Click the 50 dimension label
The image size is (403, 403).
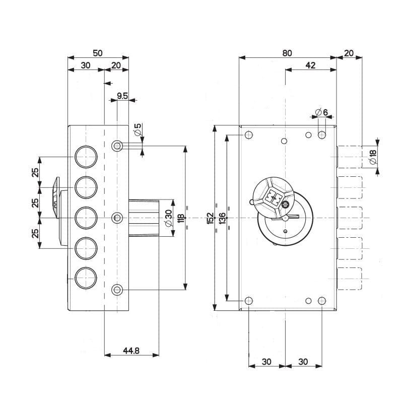98,52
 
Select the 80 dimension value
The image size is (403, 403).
287,52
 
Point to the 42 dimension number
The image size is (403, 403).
310,65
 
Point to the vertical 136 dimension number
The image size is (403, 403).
223,218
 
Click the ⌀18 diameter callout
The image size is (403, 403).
373,157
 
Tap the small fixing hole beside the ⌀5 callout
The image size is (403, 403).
117,146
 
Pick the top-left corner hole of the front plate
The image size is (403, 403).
248,135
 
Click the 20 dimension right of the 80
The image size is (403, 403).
349,52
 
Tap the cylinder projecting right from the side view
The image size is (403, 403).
145,218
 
